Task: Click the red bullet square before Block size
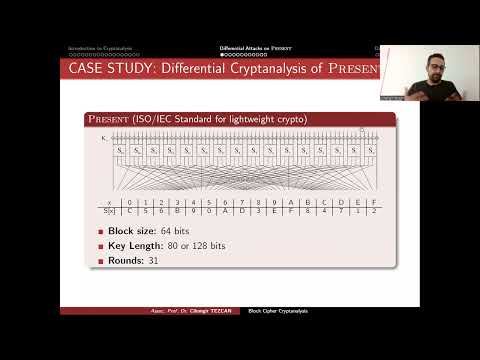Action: (x=100, y=231)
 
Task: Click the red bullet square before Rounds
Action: (x=100, y=261)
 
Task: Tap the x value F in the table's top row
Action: (x=372, y=201)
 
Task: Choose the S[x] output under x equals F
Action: (x=372, y=211)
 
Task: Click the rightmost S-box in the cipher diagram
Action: (x=368, y=150)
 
